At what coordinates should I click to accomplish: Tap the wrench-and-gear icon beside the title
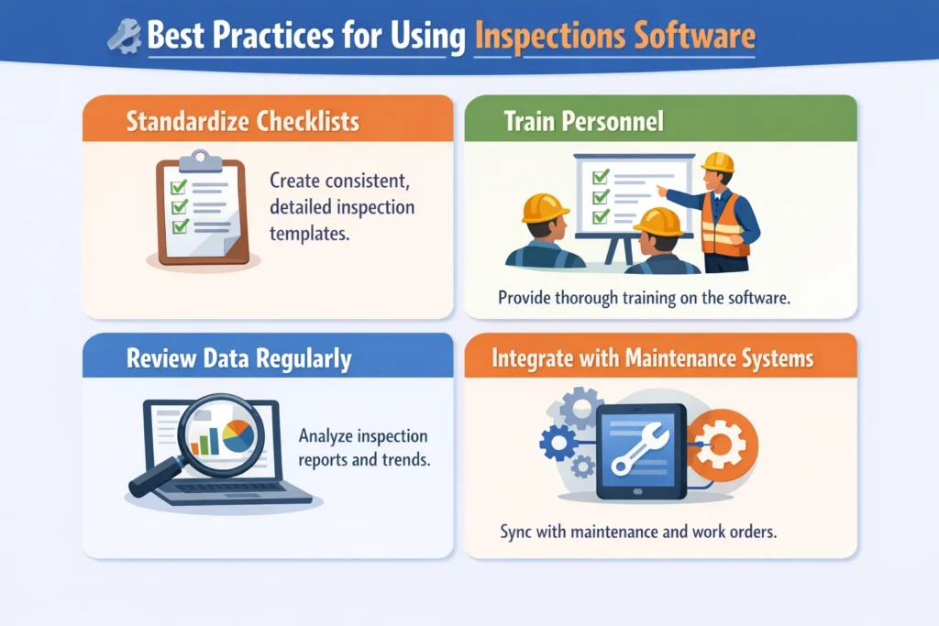[x=125, y=37]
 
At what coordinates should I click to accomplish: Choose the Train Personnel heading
[x=584, y=121]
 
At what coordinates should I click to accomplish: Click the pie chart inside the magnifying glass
[x=238, y=435]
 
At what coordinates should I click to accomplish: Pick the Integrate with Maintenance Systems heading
[x=652, y=357]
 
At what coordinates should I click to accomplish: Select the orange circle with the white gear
[x=723, y=445]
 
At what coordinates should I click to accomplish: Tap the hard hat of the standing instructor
[x=717, y=162]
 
